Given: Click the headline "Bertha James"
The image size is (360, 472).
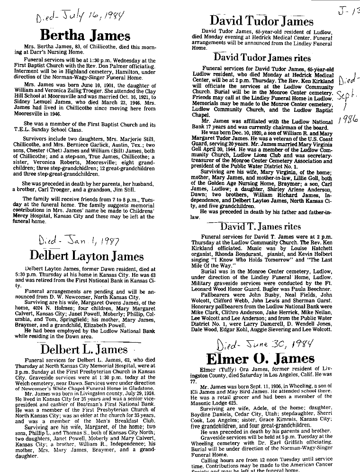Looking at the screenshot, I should click(85, 36).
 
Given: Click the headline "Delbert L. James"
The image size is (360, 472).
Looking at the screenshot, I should click(84, 350).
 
